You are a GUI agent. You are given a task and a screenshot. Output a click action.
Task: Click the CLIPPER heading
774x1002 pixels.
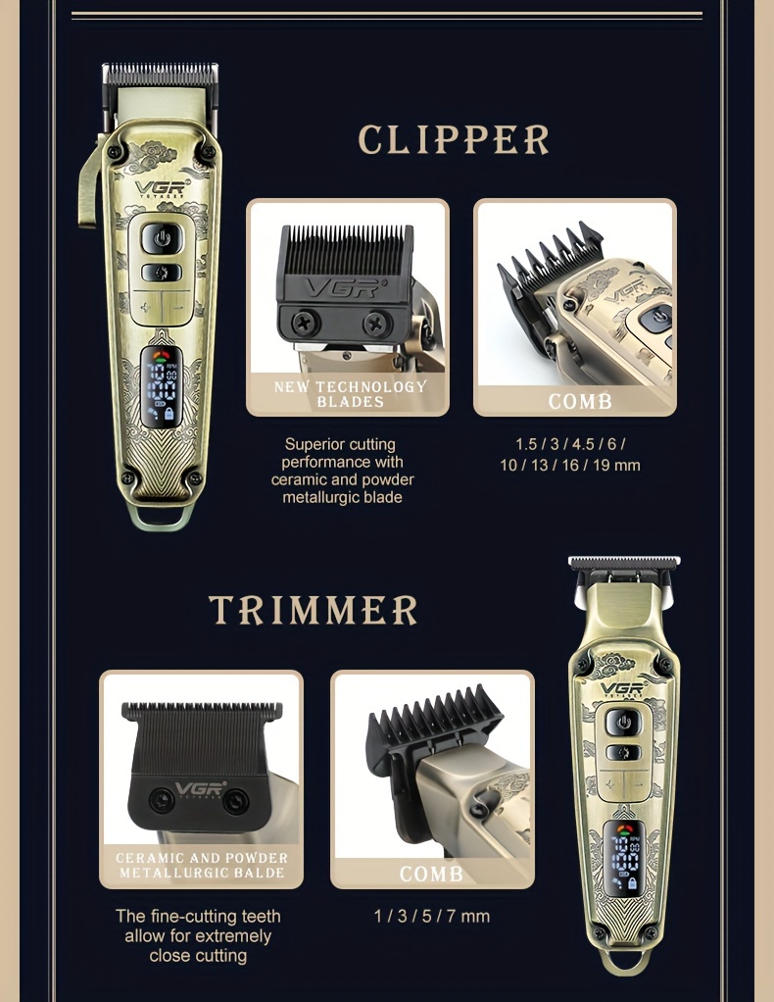tap(454, 139)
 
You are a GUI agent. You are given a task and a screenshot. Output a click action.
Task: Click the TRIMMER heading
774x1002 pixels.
tap(313, 610)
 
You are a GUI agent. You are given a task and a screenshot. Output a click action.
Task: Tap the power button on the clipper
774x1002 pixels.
tap(162, 239)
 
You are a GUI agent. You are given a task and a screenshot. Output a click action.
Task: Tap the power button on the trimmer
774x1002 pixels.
tap(623, 723)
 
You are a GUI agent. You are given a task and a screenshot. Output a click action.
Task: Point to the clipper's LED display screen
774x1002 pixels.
tap(161, 386)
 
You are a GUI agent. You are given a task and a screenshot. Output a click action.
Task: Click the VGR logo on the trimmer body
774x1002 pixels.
tap(623, 688)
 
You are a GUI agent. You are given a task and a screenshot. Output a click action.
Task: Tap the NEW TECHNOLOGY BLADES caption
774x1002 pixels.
tap(350, 394)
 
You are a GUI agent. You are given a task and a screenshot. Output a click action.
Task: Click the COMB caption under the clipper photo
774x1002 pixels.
tap(580, 401)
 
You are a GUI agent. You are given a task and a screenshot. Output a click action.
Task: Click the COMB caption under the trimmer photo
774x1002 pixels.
tap(432, 874)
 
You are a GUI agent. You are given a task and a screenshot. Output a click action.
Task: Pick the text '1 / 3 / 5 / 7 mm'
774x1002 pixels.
tap(432, 917)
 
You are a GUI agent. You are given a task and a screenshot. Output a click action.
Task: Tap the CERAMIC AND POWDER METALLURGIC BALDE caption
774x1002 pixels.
tap(202, 866)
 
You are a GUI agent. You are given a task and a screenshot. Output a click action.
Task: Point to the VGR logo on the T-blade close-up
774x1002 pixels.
tap(201, 788)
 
